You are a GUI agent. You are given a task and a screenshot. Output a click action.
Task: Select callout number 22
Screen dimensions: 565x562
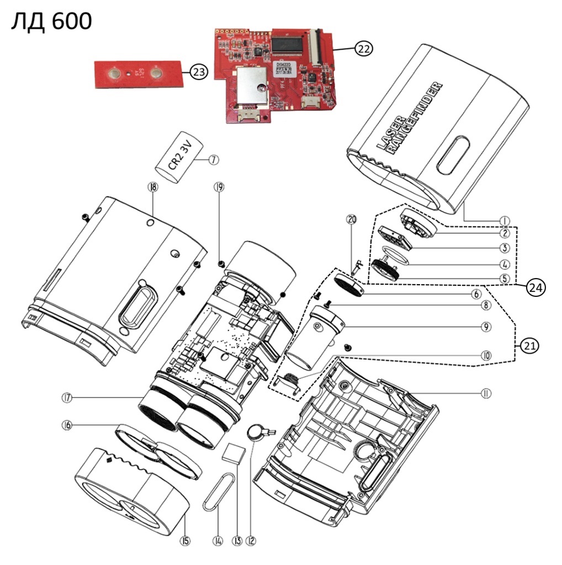(363, 49)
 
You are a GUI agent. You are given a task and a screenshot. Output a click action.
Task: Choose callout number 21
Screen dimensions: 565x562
(529, 346)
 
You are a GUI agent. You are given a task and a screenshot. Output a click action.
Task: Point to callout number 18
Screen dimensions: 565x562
(152, 187)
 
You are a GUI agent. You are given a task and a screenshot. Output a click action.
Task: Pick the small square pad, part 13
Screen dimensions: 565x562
(233, 454)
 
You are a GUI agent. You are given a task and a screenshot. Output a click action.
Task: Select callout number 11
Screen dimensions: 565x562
(486, 393)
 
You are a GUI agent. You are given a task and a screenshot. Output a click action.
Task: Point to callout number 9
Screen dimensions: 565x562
(486, 327)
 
